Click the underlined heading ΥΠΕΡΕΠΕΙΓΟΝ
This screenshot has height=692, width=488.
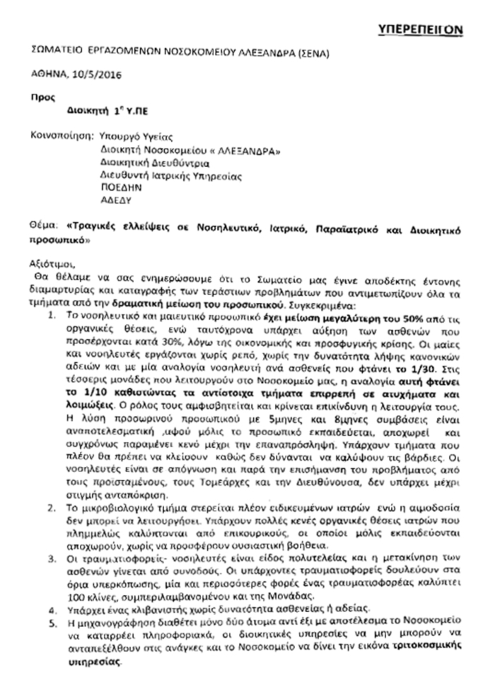420,30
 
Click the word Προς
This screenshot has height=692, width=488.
43,98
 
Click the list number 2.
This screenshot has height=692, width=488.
51,508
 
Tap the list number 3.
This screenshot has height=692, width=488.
51,559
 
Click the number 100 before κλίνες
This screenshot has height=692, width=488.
75,597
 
